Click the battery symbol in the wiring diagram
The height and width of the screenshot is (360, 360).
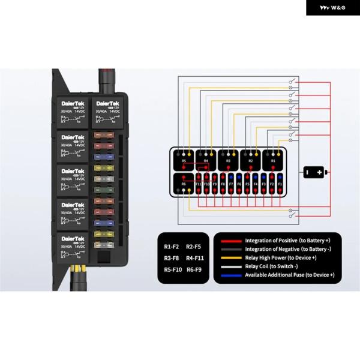[x=314, y=172]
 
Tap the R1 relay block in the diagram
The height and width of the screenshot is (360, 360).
[x=273, y=161]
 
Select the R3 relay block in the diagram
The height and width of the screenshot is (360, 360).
[x=228, y=161]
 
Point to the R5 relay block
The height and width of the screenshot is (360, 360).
[x=184, y=161]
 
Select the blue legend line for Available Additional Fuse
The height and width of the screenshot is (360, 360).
[x=230, y=275]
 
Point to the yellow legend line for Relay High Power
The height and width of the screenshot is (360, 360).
[x=230, y=257]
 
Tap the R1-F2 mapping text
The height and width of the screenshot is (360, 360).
[x=172, y=247]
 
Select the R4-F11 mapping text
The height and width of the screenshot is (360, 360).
[x=195, y=258]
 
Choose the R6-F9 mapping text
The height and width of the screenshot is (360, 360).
[x=194, y=269]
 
